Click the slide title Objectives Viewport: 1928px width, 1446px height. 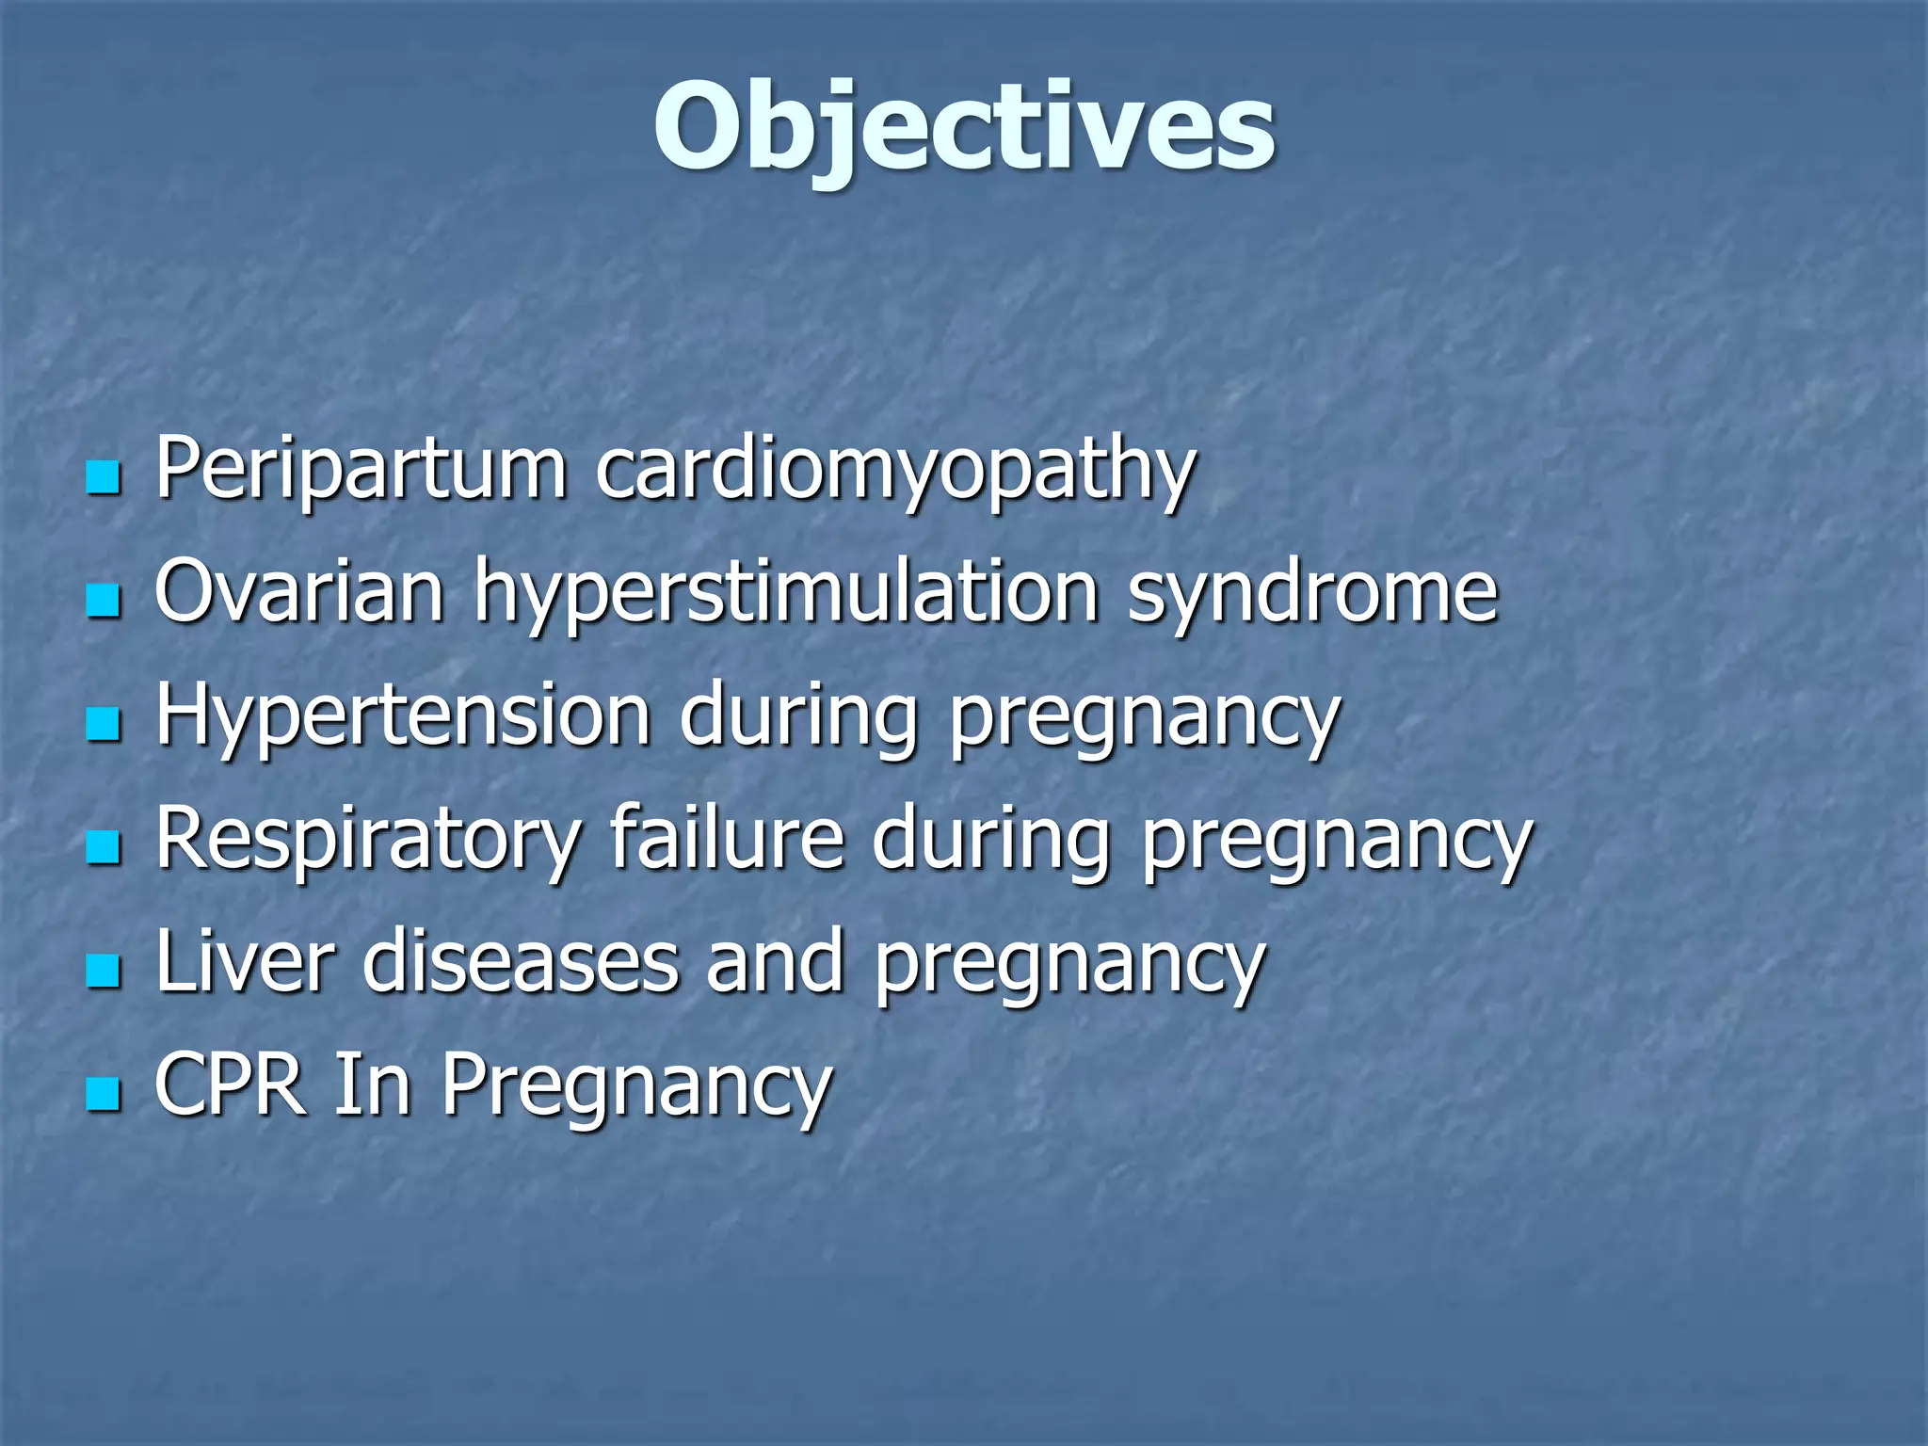tap(964, 127)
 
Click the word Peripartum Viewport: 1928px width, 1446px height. tap(361, 468)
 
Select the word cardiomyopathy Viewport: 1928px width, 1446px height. tap(894, 471)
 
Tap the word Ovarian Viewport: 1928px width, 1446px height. tap(298, 591)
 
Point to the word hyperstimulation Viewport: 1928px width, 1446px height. tap(786, 595)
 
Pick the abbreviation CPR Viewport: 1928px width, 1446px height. tap(231, 1084)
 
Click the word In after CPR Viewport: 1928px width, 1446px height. tap(373, 1084)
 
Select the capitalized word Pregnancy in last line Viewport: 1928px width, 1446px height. tap(637, 1088)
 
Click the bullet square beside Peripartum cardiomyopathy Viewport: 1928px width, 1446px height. tap(103, 478)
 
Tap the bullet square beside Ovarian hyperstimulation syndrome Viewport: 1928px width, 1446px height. tap(103, 602)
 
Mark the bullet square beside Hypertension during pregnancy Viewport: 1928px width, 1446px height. tap(103, 725)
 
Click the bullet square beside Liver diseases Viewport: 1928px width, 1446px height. tap(103, 972)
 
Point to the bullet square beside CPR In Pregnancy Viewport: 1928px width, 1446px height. tap(103, 1095)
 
